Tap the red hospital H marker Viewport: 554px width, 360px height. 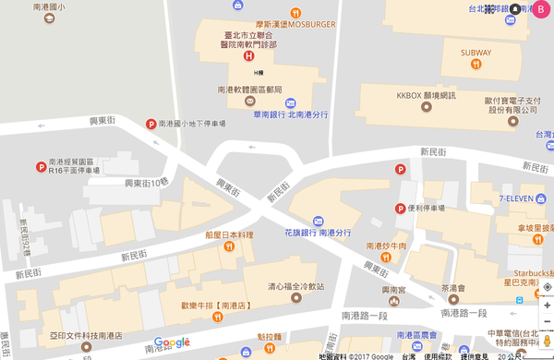[247, 55]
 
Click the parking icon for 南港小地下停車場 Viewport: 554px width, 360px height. [151, 124]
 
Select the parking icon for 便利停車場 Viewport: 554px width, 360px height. [401, 209]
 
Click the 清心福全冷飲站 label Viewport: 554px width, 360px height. [297, 285]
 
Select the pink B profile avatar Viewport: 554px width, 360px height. [542, 8]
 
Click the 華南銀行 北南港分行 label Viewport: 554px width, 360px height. [287, 114]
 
